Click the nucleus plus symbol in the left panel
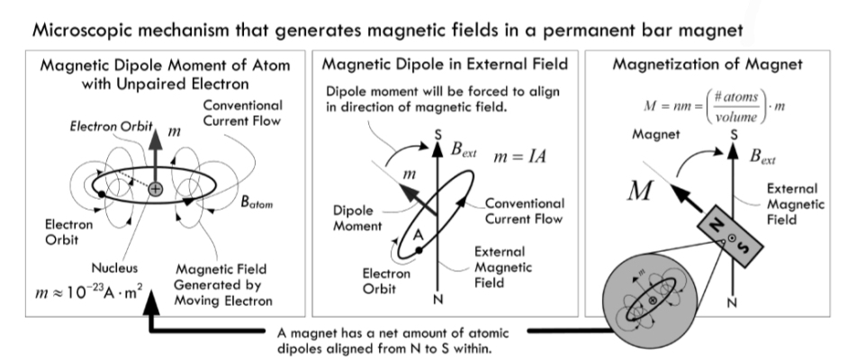pyautogui.click(x=156, y=189)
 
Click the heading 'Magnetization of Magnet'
pyautogui.click(x=707, y=65)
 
